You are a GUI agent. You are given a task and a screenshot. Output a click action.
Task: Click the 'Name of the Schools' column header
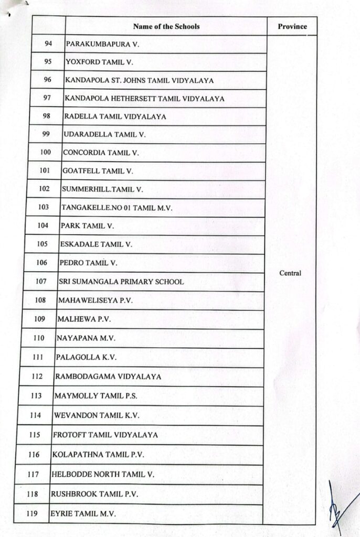166,26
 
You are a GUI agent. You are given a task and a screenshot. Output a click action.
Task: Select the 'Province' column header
292,27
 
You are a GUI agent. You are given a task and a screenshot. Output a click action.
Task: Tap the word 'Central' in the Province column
290,273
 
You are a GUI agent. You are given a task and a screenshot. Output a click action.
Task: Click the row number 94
48,44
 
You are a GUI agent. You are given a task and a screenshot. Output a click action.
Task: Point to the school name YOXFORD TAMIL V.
99,62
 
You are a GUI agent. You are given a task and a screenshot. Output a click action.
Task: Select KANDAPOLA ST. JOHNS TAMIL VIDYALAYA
139,80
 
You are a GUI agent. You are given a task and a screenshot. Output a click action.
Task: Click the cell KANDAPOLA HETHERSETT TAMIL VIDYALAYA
144,98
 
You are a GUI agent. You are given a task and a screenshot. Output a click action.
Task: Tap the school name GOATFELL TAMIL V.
98,171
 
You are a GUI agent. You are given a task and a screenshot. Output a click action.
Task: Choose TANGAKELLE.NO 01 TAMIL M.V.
117,208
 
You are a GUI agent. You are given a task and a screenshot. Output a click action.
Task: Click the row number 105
43,244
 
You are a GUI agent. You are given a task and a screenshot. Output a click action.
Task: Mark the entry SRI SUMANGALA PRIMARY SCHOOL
121,282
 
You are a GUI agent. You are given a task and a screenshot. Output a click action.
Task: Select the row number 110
39,338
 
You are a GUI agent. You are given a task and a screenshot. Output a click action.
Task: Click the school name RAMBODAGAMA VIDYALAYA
108,377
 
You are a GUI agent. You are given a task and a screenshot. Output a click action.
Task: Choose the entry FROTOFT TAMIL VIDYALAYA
105,435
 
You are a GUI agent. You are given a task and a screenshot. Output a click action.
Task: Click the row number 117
33,474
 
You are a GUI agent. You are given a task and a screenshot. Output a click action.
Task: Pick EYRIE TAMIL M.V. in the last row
82,513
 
